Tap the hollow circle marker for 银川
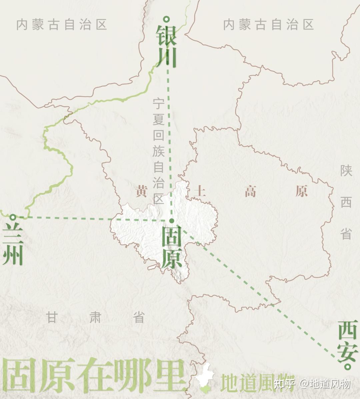point(167,19)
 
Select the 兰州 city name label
point(13,245)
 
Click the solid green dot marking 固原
point(172,221)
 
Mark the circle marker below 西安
point(348,367)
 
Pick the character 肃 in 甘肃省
point(95,317)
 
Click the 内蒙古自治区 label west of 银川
point(62,24)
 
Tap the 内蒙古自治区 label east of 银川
point(269,24)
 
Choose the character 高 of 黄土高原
point(250,192)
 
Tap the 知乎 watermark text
point(284,384)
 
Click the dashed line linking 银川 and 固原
point(170,133)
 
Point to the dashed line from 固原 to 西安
point(260,293)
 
